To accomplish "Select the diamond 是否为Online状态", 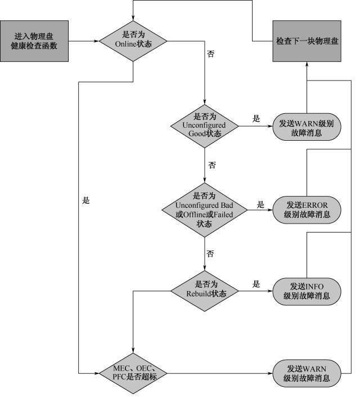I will (x=133, y=41).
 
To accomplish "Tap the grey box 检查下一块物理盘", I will (x=307, y=41).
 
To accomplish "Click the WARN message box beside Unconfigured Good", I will (x=306, y=126).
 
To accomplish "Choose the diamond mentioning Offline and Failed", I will (x=205, y=209).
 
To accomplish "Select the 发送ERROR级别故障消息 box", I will (x=306, y=209).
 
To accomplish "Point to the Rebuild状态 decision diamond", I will (x=205, y=291).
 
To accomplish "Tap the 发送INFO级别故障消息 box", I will (x=306, y=291).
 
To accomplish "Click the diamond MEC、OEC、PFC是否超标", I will (x=133, y=372).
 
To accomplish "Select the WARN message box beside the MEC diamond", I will (x=306, y=372).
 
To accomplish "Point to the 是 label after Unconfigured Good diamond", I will (x=256, y=119).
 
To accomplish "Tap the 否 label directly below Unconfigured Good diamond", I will (x=212, y=166).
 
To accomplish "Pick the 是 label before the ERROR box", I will (x=260, y=205).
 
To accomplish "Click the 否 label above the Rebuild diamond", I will (x=210, y=254).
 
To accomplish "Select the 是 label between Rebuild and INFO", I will (x=256, y=284).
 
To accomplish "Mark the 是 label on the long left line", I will (x=85, y=200).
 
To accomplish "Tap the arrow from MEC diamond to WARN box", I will (x=219, y=372).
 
